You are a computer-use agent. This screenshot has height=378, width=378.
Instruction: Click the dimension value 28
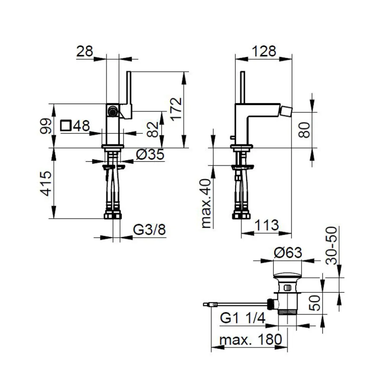85,51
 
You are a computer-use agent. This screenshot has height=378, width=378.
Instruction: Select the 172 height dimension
175,109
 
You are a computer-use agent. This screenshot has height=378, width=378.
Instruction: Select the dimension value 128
263,51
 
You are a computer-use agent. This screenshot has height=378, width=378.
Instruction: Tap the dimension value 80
304,130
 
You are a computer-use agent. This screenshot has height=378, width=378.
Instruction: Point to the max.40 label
207,203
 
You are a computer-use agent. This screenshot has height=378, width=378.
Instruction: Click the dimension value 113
266,226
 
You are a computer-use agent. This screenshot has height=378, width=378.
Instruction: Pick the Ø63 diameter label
288,253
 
